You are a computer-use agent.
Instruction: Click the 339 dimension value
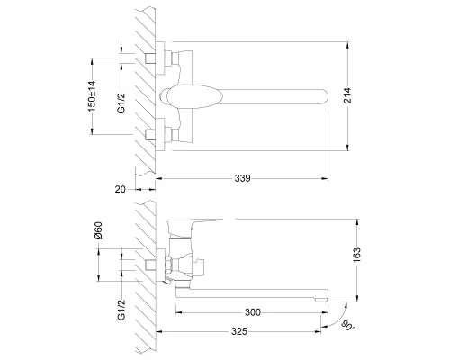242,178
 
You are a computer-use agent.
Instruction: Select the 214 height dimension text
347,95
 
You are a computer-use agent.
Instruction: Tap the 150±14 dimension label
92,96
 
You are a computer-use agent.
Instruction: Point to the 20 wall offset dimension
121,189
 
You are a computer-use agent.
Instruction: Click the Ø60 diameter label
98,230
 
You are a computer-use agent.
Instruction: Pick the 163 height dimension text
356,256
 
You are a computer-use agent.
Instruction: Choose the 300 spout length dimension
253,312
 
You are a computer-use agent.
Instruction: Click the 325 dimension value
239,331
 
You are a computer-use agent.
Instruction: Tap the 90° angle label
348,326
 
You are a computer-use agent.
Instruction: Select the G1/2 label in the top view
121,103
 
